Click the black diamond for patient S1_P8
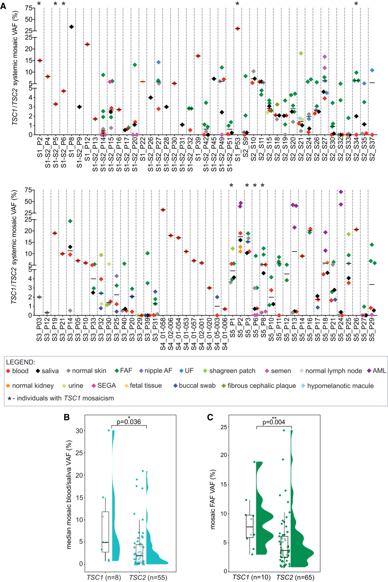71,26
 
